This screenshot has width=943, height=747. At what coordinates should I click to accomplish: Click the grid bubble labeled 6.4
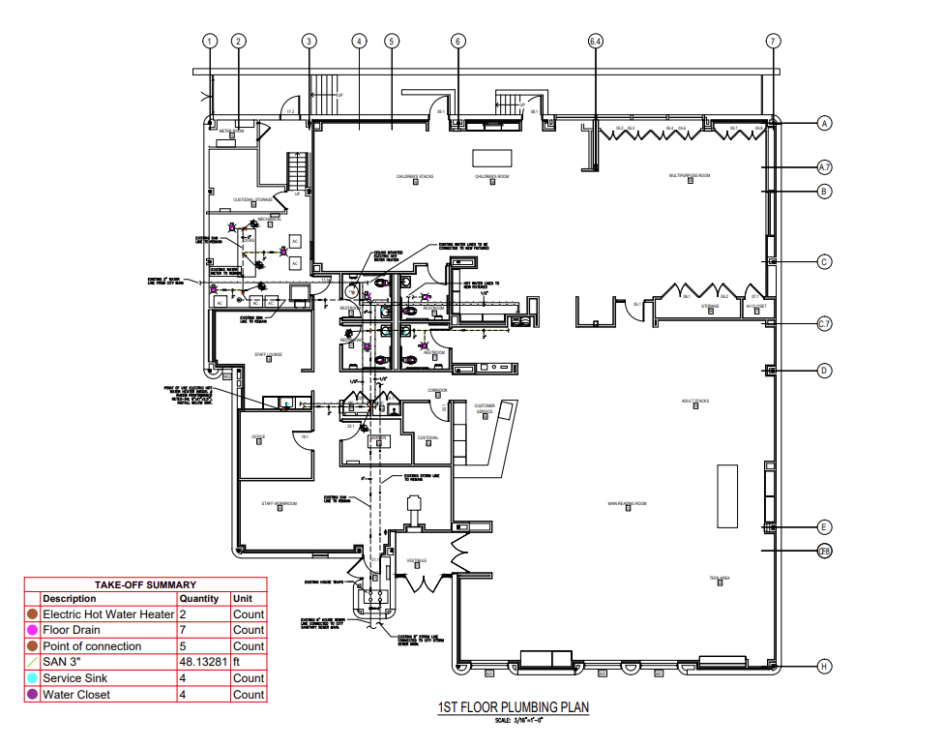[596, 41]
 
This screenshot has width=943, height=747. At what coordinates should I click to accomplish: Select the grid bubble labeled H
[824, 666]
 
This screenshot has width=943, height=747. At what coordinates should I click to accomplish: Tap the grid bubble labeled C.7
[824, 324]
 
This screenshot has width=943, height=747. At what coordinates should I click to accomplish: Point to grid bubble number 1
[210, 41]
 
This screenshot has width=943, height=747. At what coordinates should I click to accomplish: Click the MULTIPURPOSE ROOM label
[690, 176]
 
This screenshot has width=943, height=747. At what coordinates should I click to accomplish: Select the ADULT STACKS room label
[694, 401]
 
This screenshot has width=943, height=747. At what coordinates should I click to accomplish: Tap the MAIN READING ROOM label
[626, 503]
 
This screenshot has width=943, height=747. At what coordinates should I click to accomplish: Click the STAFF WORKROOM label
[279, 503]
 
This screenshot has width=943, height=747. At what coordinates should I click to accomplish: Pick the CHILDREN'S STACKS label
[414, 177]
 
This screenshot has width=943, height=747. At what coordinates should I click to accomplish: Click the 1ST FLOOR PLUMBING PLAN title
[514, 707]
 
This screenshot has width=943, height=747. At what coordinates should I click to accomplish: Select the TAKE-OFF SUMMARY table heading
[145, 584]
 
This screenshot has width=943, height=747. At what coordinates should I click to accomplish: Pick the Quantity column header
[202, 599]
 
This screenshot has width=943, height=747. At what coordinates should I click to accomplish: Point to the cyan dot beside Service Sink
[33, 678]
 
